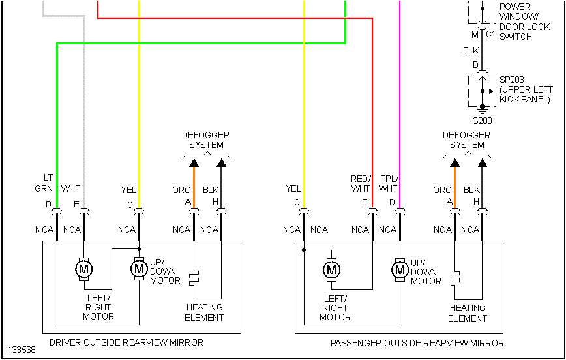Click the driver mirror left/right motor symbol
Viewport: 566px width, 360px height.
tap(83, 268)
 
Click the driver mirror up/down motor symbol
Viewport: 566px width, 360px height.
tap(138, 268)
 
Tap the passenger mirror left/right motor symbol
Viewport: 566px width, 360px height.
tap(332, 269)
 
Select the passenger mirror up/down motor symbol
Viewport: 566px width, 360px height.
tap(399, 269)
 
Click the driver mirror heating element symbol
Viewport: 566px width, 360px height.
tap(194, 278)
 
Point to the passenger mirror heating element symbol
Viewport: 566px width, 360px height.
tap(454, 278)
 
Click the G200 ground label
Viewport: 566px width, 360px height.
tap(483, 121)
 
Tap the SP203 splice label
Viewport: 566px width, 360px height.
tap(512, 80)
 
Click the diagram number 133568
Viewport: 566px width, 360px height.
tap(22, 350)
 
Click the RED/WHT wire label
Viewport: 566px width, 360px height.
tap(360, 183)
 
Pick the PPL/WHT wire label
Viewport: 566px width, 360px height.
tap(388, 183)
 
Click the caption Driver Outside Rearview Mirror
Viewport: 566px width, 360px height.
tap(127, 342)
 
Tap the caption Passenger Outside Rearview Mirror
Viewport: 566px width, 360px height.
tap(417, 343)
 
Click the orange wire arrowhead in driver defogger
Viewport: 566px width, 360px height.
tap(194, 162)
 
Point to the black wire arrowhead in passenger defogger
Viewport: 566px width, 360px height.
tap(483, 162)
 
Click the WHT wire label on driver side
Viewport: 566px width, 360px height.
tap(71, 189)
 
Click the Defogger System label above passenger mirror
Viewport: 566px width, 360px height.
tap(467, 140)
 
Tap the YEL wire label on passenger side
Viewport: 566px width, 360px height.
tap(293, 189)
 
